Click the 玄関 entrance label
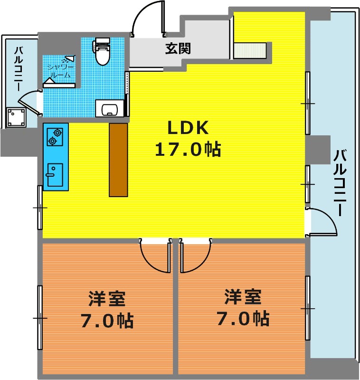pyautogui.click(x=178, y=48)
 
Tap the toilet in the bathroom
pyautogui.click(x=102, y=51)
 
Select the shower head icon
pyautogui.click(x=70, y=58)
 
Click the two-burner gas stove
pyautogui.click(x=55, y=137)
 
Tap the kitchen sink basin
pyautogui.click(x=55, y=175)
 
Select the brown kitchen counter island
pyautogui.click(x=118, y=160)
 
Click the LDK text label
pyautogui.click(x=188, y=128)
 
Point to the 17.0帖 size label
pyautogui.click(x=188, y=149)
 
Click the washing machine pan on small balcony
pyautogui.click(x=17, y=117)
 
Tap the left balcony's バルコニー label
pyautogui.click(x=19, y=69)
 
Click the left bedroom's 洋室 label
pyautogui.click(x=106, y=299)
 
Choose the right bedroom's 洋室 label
pyautogui.click(x=243, y=296)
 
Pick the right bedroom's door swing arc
pyautogui.click(x=201, y=262)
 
